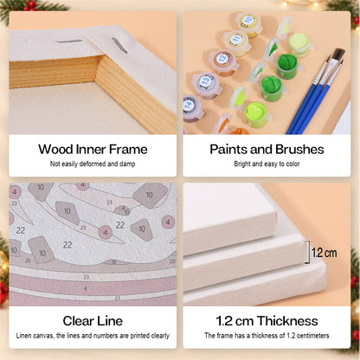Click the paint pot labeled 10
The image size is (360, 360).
click(248, 23)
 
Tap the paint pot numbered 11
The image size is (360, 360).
click(236, 42)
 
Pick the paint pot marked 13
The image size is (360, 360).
click(207, 85)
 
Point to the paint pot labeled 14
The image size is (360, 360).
click(192, 108)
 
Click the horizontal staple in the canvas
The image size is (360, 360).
click(69, 42)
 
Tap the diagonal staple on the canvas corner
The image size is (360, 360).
click(119, 45)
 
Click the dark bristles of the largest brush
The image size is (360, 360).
click(337, 55)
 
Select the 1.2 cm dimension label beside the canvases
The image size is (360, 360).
click(325, 253)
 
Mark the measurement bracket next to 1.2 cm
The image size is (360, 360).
click(309, 252)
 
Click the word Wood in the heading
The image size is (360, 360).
click(55, 150)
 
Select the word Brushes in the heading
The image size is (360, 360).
click(299, 150)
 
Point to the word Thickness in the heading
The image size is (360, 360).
click(287, 321)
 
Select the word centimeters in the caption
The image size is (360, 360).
click(312, 336)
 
